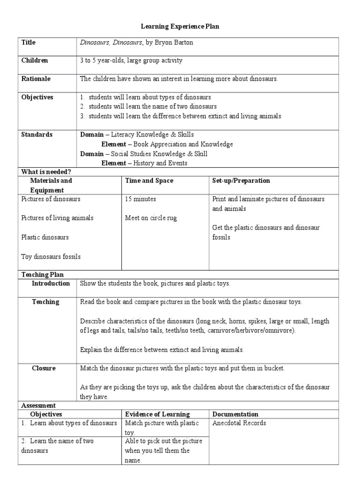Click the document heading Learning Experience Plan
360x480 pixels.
tap(180, 27)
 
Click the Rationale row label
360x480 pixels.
tap(35, 79)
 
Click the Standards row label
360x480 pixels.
tap(37, 135)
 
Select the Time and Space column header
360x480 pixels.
tap(149, 180)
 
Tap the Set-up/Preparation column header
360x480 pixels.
tap(241, 180)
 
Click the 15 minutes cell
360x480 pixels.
tap(141, 199)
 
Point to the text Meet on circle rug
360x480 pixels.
tap(151, 218)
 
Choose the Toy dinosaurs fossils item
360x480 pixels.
tap(51, 256)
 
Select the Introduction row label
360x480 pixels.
tap(51, 284)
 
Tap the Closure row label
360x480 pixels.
tap(44, 368)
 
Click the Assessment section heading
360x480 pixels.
tap(38, 405)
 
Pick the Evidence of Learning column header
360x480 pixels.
tap(157, 414)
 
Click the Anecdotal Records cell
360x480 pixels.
tap(239, 423)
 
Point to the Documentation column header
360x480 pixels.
tap(235, 414)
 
